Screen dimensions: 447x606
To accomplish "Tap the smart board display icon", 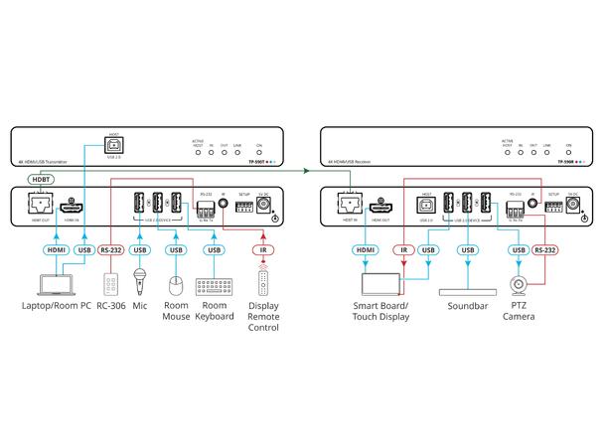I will (x=381, y=283).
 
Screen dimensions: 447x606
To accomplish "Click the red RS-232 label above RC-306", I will (x=112, y=250).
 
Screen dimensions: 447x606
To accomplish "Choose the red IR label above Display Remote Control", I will (x=262, y=250).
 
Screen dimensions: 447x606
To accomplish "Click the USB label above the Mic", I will (x=141, y=250).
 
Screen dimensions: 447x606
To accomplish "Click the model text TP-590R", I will (x=566, y=161).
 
